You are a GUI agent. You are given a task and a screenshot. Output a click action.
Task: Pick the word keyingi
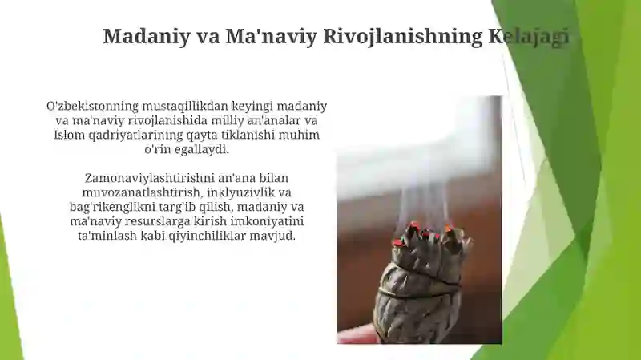point(251,106)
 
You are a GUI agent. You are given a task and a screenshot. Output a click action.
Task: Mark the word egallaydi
point(209,149)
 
